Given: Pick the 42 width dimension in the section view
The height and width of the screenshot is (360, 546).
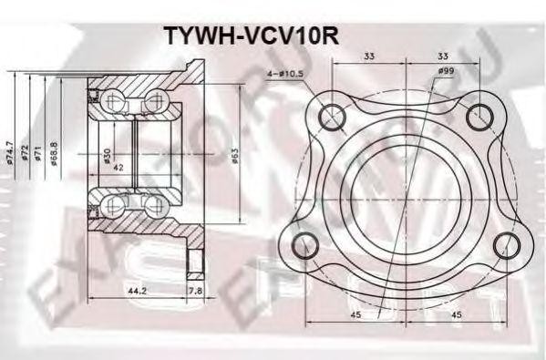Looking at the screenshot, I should pos(118,168).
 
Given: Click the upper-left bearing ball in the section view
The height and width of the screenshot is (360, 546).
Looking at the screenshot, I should pos(114,100).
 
